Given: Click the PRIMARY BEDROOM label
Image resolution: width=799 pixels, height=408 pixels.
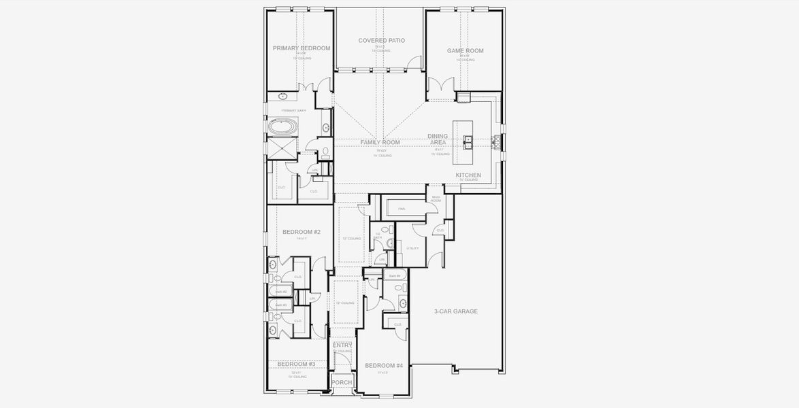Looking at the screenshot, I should pos(301,48).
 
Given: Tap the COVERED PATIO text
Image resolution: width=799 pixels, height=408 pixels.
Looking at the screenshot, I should pos(381,41).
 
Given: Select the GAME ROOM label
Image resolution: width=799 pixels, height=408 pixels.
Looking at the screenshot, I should pos(465,51).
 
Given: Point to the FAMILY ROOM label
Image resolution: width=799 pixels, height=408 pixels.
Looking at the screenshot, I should pos(380,142).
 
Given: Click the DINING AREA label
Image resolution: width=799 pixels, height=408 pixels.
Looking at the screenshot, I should pos(438,139).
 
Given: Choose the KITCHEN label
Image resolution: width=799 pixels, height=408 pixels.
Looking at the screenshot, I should pos(468,175).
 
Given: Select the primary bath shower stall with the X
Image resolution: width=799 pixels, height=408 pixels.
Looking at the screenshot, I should pos(282,149).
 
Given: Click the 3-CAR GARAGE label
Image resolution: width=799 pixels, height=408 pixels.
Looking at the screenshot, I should pos(455,311).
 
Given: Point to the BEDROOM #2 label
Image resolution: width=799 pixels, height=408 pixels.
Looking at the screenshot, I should pos(301,233).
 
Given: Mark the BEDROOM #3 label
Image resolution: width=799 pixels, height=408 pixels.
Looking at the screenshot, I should pos(296,364).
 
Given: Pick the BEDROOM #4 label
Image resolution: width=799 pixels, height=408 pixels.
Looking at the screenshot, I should pos(384,366).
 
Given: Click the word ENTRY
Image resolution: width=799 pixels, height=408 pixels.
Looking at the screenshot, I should pos(342,345).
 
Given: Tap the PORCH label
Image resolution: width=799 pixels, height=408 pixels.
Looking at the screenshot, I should pos(342,382).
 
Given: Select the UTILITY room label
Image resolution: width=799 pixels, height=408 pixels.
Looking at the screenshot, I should pos(412,248).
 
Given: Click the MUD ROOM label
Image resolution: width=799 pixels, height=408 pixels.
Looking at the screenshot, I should pos(436,199).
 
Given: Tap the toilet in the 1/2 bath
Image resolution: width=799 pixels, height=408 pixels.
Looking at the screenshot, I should pos(389,242).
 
